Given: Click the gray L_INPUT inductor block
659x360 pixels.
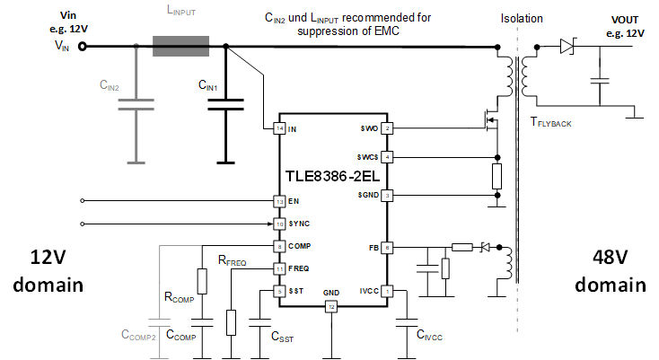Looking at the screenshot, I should pos(180,46).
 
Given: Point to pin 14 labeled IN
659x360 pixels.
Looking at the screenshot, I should pos(279,129).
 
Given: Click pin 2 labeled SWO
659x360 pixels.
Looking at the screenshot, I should pos(387,129).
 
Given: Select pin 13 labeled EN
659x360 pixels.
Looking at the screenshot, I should pos(279,201).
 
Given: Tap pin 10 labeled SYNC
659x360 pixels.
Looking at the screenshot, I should pos(279,224).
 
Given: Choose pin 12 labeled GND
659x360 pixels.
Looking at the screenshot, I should pos(331,307).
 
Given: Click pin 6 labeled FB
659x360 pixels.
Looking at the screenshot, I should pos(387,247).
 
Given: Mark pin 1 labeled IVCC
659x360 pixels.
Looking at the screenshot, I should pos(387,291).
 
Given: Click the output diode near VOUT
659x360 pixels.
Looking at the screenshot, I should pos(566,45).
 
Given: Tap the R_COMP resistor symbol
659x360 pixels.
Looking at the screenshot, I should pos(202,281).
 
